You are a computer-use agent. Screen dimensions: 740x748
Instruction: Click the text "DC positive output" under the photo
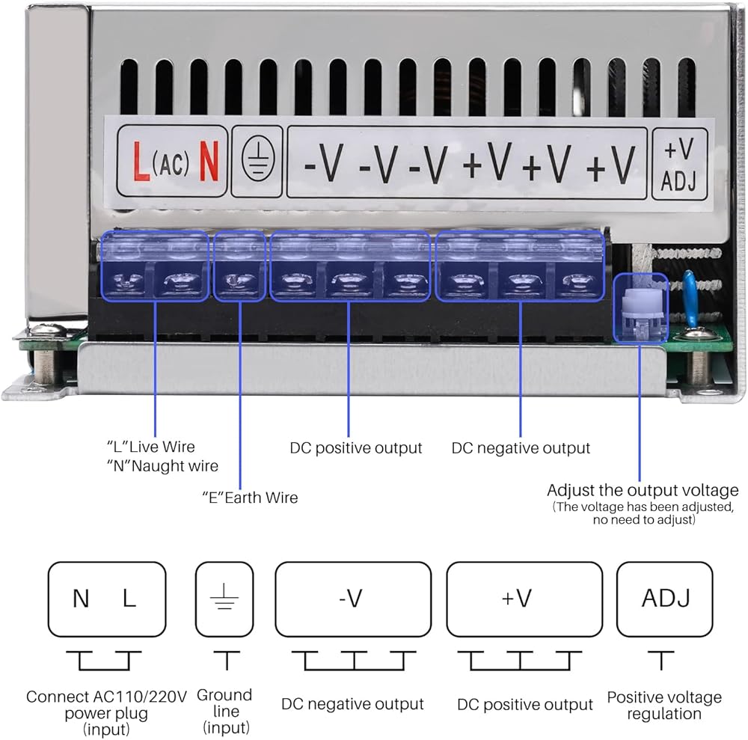[x=356, y=448]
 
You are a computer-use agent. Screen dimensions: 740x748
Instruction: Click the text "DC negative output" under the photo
[x=521, y=448]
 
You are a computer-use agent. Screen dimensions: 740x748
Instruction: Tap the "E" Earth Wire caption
[x=250, y=498]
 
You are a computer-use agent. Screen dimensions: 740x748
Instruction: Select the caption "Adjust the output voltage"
[x=643, y=491]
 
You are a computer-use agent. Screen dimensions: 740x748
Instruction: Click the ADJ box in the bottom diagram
[x=664, y=599]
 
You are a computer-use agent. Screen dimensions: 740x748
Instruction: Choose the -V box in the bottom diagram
[x=352, y=599]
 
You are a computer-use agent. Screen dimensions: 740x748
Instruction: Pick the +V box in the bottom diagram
[x=524, y=599]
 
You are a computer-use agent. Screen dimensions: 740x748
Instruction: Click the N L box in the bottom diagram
[x=106, y=599]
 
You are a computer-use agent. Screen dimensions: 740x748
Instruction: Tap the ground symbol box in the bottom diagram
[x=224, y=599]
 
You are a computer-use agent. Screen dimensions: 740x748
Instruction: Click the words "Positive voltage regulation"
[x=664, y=706]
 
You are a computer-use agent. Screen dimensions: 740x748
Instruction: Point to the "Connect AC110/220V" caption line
[x=106, y=697]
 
